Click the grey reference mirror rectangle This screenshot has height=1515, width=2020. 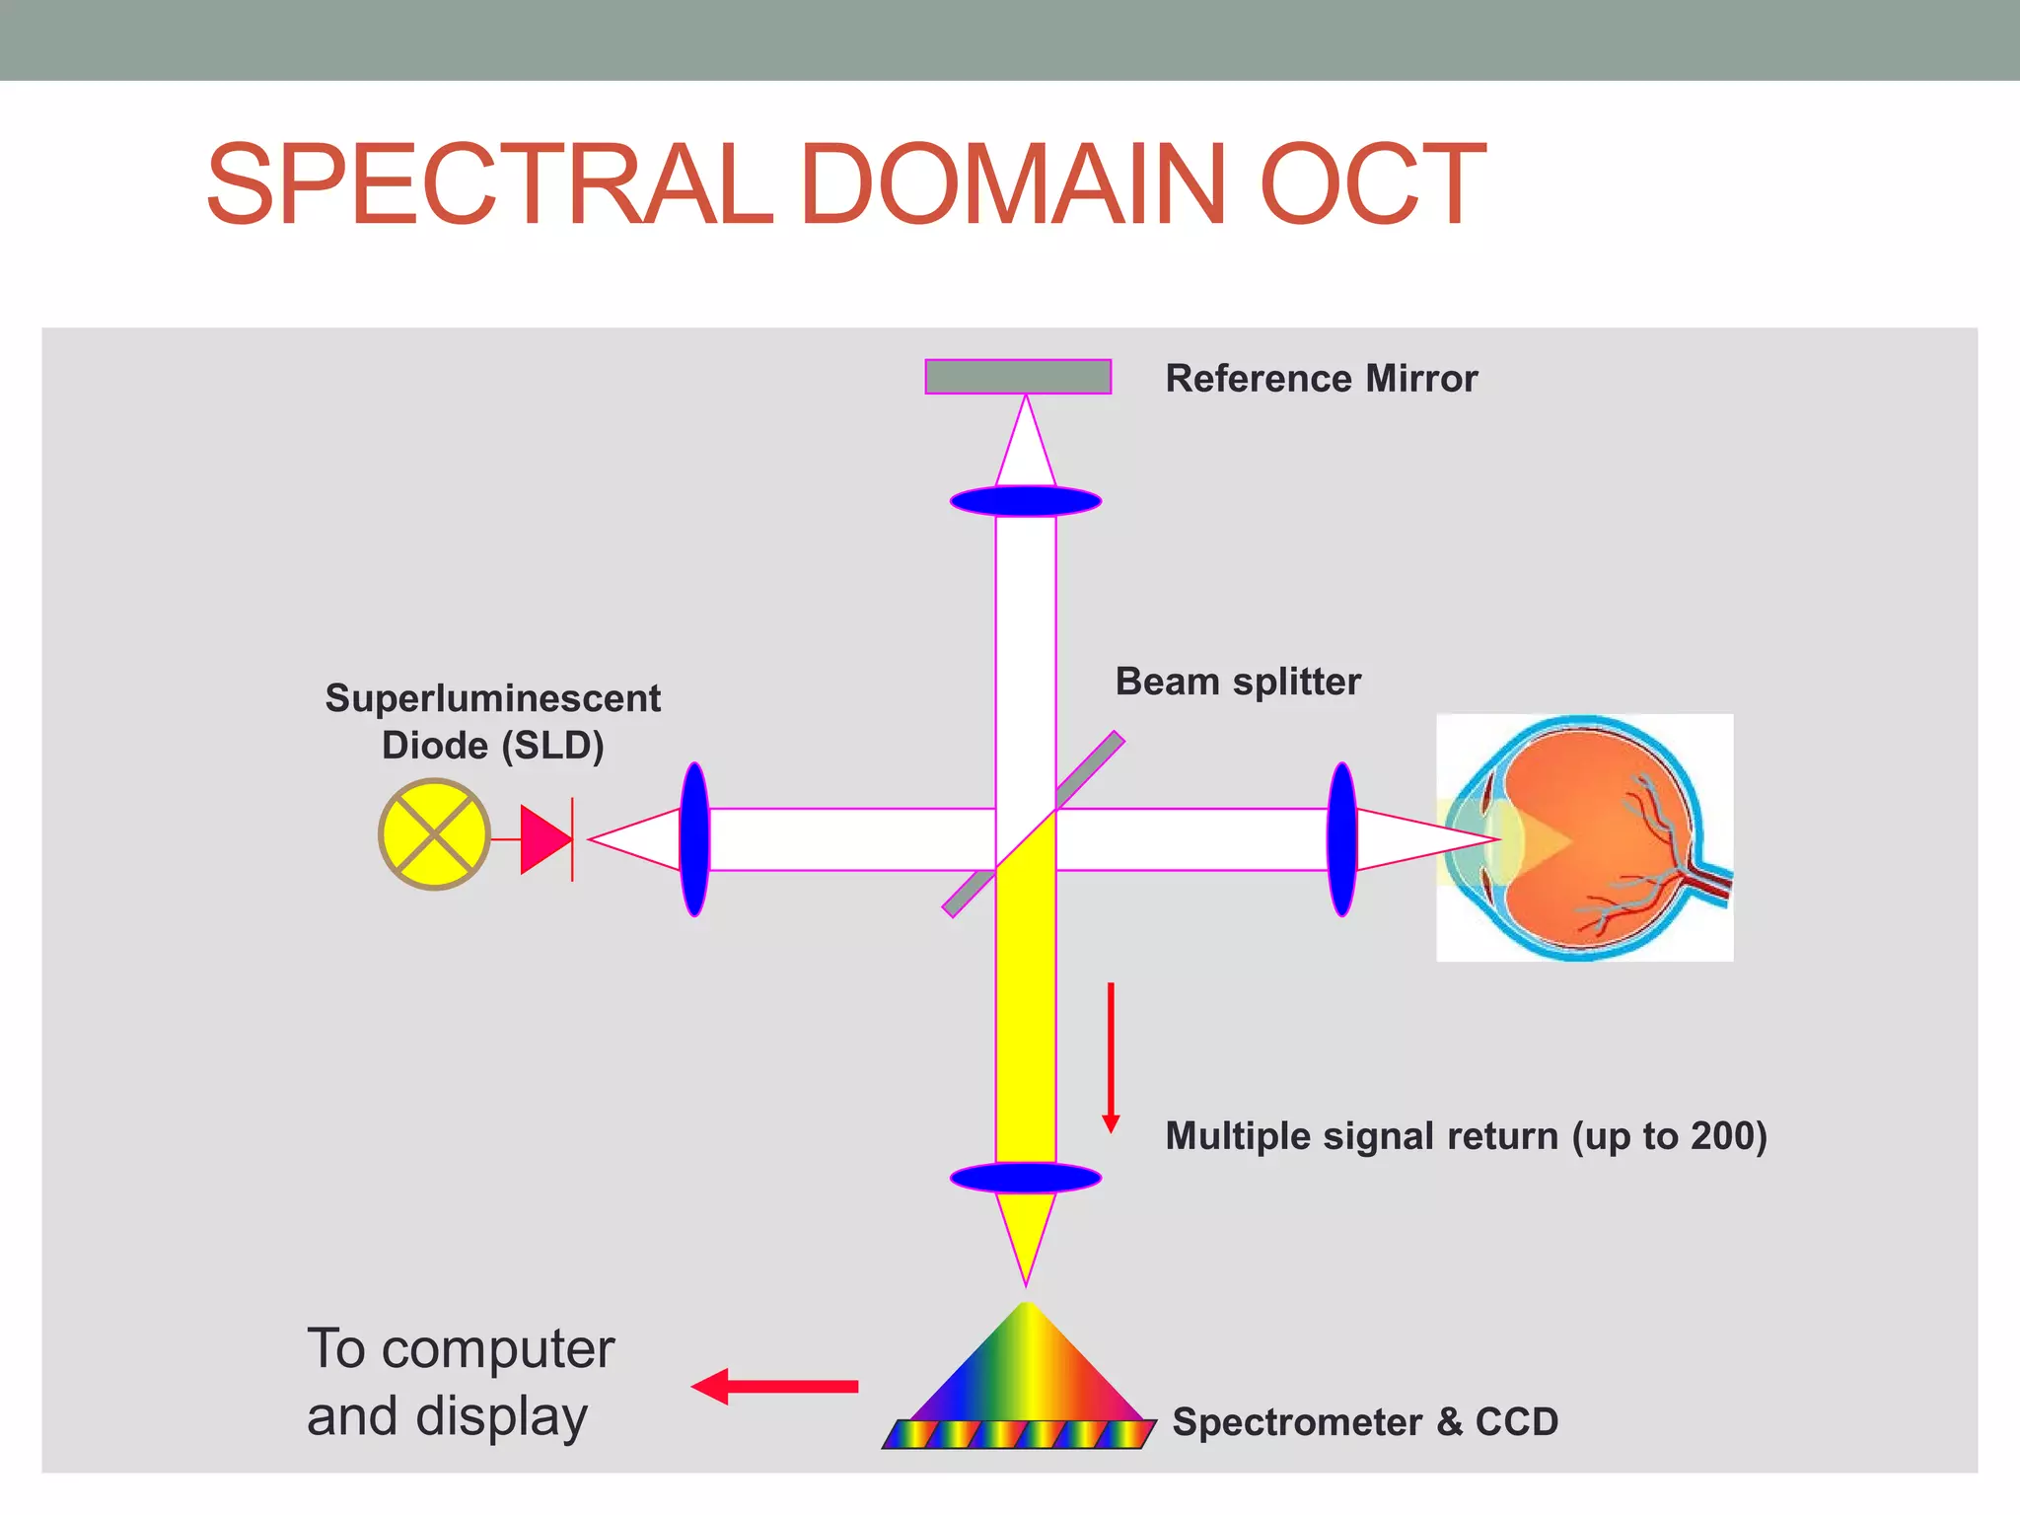[1018, 377]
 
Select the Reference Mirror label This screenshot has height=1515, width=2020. [1321, 379]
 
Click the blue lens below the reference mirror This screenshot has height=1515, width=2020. [1025, 501]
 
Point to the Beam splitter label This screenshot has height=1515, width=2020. [1237, 682]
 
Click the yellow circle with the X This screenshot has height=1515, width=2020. [434, 834]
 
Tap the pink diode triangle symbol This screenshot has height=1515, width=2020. [543, 839]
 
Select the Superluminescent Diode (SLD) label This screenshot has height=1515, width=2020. [492, 721]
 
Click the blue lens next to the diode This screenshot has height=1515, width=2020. [694, 839]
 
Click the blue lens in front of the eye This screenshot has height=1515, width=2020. [1341, 839]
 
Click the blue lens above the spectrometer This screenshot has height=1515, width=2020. [1025, 1178]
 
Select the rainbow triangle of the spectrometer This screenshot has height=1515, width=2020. [1026, 1366]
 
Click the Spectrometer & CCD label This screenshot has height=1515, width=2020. [1364, 1422]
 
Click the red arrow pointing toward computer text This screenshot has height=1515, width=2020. [775, 1386]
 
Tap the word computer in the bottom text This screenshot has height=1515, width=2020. [497, 1349]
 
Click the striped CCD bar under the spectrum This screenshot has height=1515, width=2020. [1019, 1434]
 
